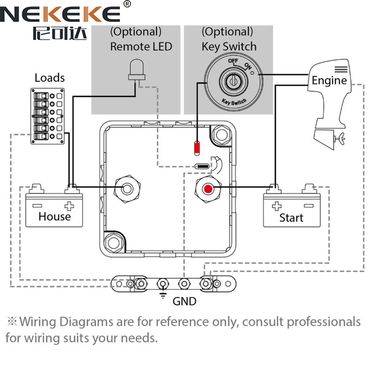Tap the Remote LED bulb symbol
136,70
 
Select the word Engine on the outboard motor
329,80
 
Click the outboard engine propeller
342,138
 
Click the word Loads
50,78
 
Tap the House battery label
54,216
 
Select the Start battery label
291,218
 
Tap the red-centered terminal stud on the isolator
207,189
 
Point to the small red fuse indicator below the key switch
197,147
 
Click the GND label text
184,301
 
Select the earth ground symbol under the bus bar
163,295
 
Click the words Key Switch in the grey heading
228,46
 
